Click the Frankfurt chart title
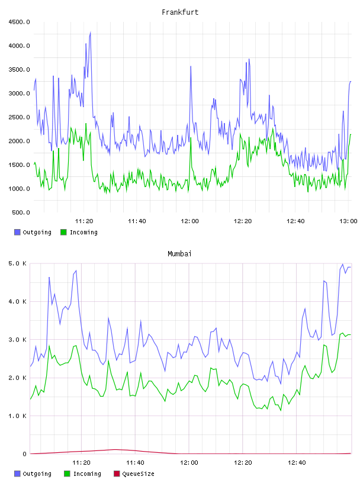point(180,12)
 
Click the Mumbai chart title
point(179,254)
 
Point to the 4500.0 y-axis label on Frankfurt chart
point(19,22)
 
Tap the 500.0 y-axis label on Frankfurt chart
point(21,212)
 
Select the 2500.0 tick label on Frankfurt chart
point(19,117)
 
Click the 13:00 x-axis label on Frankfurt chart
point(348,221)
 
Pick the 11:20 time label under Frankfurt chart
point(84,221)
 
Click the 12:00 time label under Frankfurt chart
point(190,221)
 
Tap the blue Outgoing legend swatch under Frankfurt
point(17,232)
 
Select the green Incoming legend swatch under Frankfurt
point(63,232)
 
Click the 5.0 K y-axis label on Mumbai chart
point(18,263)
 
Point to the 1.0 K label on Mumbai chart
point(18,416)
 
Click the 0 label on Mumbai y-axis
point(24,454)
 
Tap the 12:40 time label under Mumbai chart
point(297,463)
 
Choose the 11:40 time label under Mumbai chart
point(136,463)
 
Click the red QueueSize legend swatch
point(117,474)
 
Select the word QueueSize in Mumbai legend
point(138,474)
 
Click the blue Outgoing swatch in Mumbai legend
point(17,474)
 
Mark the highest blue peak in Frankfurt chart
point(91,32)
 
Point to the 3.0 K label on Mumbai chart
point(18,340)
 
